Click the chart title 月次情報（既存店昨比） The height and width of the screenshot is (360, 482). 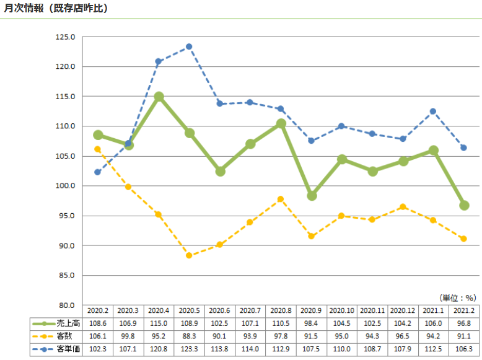56,8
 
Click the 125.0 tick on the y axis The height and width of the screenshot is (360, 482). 65,37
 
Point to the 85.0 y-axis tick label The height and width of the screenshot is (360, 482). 65,275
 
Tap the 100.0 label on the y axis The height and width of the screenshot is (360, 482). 65,186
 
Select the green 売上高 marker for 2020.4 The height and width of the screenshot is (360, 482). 159,97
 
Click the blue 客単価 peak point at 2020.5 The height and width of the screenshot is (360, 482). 189,46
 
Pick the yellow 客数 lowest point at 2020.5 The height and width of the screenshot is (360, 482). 189,255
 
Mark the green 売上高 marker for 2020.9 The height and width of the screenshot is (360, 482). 312,195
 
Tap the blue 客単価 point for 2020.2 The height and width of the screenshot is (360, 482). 98,172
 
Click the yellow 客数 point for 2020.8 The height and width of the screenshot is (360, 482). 281,199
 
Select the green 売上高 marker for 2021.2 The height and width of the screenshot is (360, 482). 464,205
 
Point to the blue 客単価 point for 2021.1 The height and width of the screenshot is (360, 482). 433,112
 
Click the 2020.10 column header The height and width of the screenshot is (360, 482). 342,310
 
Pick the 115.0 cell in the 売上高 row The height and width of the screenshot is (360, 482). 159,323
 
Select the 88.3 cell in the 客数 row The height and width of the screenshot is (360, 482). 189,336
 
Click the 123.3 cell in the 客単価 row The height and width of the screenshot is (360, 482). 189,349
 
